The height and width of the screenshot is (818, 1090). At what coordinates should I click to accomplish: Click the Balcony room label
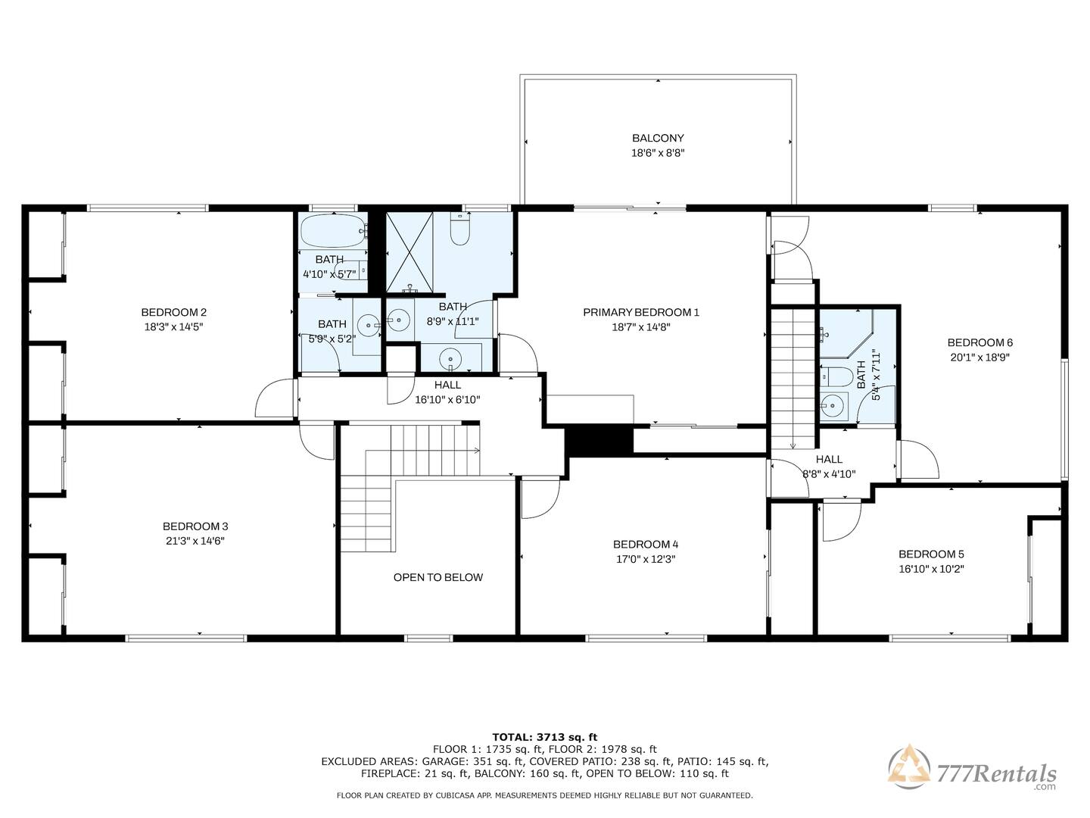tap(658, 138)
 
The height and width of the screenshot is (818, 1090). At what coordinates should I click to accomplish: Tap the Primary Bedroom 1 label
tap(640, 312)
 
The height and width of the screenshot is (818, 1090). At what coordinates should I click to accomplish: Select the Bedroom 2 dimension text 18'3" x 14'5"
tap(174, 326)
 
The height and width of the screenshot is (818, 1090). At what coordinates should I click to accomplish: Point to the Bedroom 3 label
tap(195, 526)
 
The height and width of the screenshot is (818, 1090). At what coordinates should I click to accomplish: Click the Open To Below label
tap(438, 577)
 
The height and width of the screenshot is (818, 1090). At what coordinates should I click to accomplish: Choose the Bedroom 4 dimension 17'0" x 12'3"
tap(646, 559)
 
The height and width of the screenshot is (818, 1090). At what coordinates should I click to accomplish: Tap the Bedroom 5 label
tap(931, 554)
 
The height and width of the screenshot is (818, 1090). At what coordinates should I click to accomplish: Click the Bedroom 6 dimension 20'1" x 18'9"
tap(979, 357)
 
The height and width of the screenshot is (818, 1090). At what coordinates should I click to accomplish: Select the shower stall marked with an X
tap(410, 252)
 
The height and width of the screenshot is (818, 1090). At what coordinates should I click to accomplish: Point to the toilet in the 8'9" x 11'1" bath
tap(459, 229)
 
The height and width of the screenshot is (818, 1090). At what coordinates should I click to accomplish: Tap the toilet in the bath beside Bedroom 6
tap(836, 376)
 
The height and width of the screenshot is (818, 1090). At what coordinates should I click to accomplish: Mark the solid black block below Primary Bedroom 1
tap(600, 440)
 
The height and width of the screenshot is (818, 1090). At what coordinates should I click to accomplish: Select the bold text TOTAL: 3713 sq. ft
tap(545, 737)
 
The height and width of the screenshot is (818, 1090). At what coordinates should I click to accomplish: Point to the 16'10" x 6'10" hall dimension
tap(447, 400)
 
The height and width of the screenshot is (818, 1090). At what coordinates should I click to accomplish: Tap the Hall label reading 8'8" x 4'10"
tap(829, 474)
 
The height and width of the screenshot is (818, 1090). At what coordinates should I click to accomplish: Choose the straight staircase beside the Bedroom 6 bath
tap(793, 379)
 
